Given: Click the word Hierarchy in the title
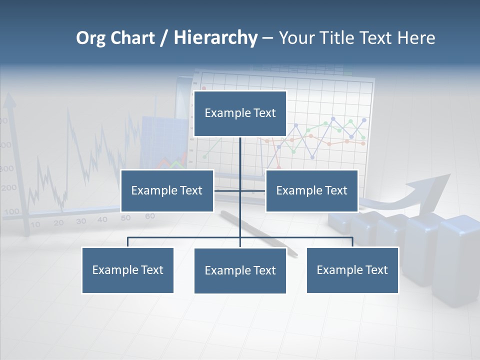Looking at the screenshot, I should [215, 38].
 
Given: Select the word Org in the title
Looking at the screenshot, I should [91, 38].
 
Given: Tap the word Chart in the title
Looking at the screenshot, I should [132, 38].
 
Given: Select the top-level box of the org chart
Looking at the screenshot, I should [240, 113].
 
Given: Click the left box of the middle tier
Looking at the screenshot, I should [167, 190].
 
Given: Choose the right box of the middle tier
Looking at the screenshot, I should [311, 190].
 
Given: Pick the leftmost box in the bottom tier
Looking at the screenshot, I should [127, 270].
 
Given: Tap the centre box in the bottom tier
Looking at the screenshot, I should [240, 270].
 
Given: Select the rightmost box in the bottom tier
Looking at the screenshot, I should [352, 270].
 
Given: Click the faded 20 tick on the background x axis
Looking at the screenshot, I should [59, 222].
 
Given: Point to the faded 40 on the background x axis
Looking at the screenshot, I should [102, 219].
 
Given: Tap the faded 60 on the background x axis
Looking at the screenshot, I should [149, 216].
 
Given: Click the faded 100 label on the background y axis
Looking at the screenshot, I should [11, 211].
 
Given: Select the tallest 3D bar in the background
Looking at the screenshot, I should [457, 260].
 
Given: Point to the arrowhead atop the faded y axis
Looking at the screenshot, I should [9, 101].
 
